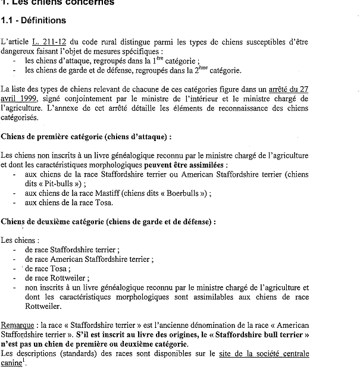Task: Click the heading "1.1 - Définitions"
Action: (33, 21)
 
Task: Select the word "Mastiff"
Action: (105, 193)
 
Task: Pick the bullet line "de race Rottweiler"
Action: (57, 278)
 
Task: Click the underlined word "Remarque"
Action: (17, 325)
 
